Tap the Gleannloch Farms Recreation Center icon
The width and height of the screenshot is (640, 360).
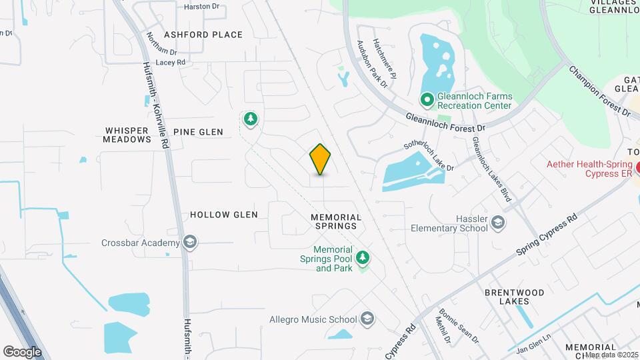427,99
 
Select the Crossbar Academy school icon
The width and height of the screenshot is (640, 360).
190,242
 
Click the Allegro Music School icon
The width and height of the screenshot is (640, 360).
367,319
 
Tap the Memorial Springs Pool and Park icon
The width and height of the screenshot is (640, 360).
363,257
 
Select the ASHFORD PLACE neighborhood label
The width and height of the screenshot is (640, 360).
194,34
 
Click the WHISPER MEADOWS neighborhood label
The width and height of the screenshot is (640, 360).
127,135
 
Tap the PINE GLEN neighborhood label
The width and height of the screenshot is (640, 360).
198,132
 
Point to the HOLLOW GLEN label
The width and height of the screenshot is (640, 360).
224,215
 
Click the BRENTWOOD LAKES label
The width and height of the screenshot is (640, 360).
514,297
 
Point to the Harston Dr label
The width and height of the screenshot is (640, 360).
201,6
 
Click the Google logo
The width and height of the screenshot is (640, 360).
22,351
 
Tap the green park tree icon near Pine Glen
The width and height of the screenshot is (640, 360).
251,119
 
